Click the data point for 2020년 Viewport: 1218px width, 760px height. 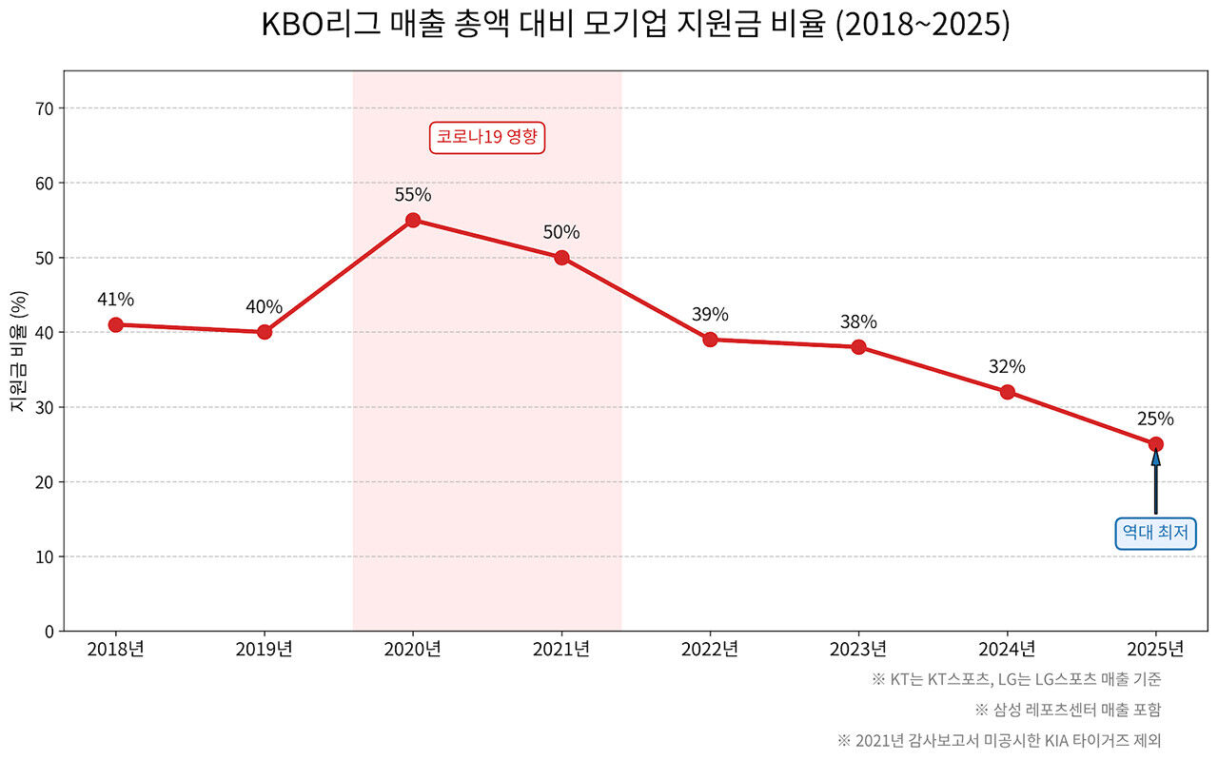(x=413, y=220)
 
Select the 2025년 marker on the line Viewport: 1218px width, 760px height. (x=1155, y=444)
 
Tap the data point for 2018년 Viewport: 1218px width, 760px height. (x=116, y=324)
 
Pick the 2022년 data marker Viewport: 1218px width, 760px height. (x=710, y=340)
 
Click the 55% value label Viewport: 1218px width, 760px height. (x=413, y=195)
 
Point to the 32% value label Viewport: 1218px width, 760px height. (x=1007, y=366)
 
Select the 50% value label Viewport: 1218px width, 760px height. (x=561, y=232)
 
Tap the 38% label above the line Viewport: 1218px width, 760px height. (x=858, y=322)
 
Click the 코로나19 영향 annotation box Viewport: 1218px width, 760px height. (x=487, y=137)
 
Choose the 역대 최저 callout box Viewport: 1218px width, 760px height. (x=1155, y=533)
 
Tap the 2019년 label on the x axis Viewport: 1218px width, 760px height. (x=265, y=650)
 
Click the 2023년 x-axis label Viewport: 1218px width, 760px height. (x=858, y=650)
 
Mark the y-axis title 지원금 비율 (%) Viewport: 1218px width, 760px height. (x=18, y=351)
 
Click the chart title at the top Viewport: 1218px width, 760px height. (x=635, y=26)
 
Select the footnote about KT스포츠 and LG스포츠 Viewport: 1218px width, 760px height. (x=1015, y=679)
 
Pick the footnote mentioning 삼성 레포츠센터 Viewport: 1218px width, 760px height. (x=1068, y=710)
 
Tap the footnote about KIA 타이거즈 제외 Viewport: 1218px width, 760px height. (x=999, y=740)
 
